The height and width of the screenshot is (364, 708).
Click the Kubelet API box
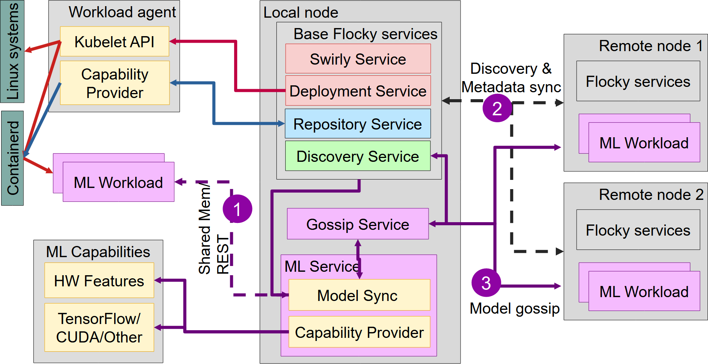tap(114, 42)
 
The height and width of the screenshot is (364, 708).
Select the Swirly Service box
tap(358, 59)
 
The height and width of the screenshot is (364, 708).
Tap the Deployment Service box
tap(358, 91)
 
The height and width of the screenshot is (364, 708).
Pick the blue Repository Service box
tap(358, 124)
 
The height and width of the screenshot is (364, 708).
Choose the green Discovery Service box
tap(358, 156)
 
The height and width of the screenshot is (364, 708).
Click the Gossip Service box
tap(358, 224)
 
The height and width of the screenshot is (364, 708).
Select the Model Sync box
tap(359, 295)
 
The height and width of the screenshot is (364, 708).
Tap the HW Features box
tap(99, 281)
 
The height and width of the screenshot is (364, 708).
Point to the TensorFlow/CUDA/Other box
tap(99, 327)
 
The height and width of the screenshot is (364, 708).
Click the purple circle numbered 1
tap(237, 209)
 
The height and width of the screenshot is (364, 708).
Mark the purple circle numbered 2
tap(497, 108)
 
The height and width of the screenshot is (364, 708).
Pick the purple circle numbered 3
tap(486, 283)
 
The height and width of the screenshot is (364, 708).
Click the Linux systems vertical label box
tap(12, 52)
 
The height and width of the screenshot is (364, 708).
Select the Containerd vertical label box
tap(12, 158)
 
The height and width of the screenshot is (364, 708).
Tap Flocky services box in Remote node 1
tap(638, 81)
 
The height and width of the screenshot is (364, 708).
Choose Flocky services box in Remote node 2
tap(638, 230)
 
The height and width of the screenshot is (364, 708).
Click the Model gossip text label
tap(514, 308)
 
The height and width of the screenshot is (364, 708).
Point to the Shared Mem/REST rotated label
tap(213, 231)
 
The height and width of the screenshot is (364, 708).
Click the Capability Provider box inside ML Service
tap(359, 332)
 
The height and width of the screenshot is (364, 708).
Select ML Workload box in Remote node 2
tap(644, 291)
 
